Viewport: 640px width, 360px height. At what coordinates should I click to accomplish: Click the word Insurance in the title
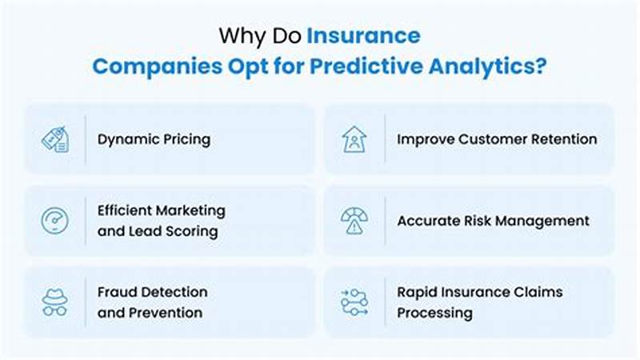click(363, 36)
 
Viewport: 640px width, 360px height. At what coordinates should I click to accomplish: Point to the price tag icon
click(55, 139)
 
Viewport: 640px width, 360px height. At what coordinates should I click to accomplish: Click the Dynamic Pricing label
click(154, 139)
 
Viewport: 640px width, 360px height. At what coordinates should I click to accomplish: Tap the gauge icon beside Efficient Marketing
click(55, 220)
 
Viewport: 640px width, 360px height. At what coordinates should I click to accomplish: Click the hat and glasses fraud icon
click(55, 302)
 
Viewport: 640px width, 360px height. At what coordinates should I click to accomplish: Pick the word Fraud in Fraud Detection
click(117, 292)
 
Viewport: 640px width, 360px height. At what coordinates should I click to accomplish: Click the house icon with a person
click(354, 139)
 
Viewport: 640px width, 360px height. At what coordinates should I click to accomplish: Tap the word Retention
click(565, 139)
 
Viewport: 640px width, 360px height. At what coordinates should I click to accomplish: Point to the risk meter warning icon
click(354, 220)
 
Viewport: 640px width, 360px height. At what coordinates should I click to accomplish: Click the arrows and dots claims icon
click(354, 302)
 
